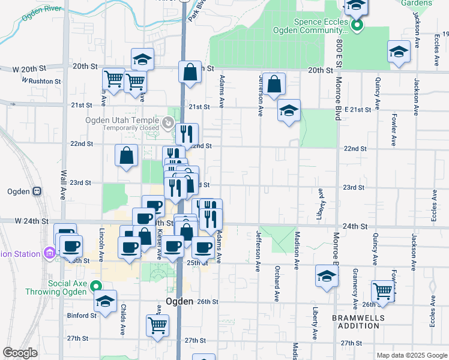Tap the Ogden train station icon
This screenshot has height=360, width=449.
[x=37, y=191]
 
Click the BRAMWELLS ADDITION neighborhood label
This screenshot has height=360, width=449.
[x=355, y=321]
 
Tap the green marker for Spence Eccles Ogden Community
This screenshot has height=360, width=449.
[x=357, y=26]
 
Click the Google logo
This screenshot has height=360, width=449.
[x=20, y=353]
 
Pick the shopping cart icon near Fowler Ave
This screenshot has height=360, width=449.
[x=382, y=291]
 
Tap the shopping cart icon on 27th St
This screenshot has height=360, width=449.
[x=157, y=325]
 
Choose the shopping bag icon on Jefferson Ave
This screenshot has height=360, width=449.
[x=274, y=85]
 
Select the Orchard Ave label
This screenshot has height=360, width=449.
[x=277, y=283]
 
